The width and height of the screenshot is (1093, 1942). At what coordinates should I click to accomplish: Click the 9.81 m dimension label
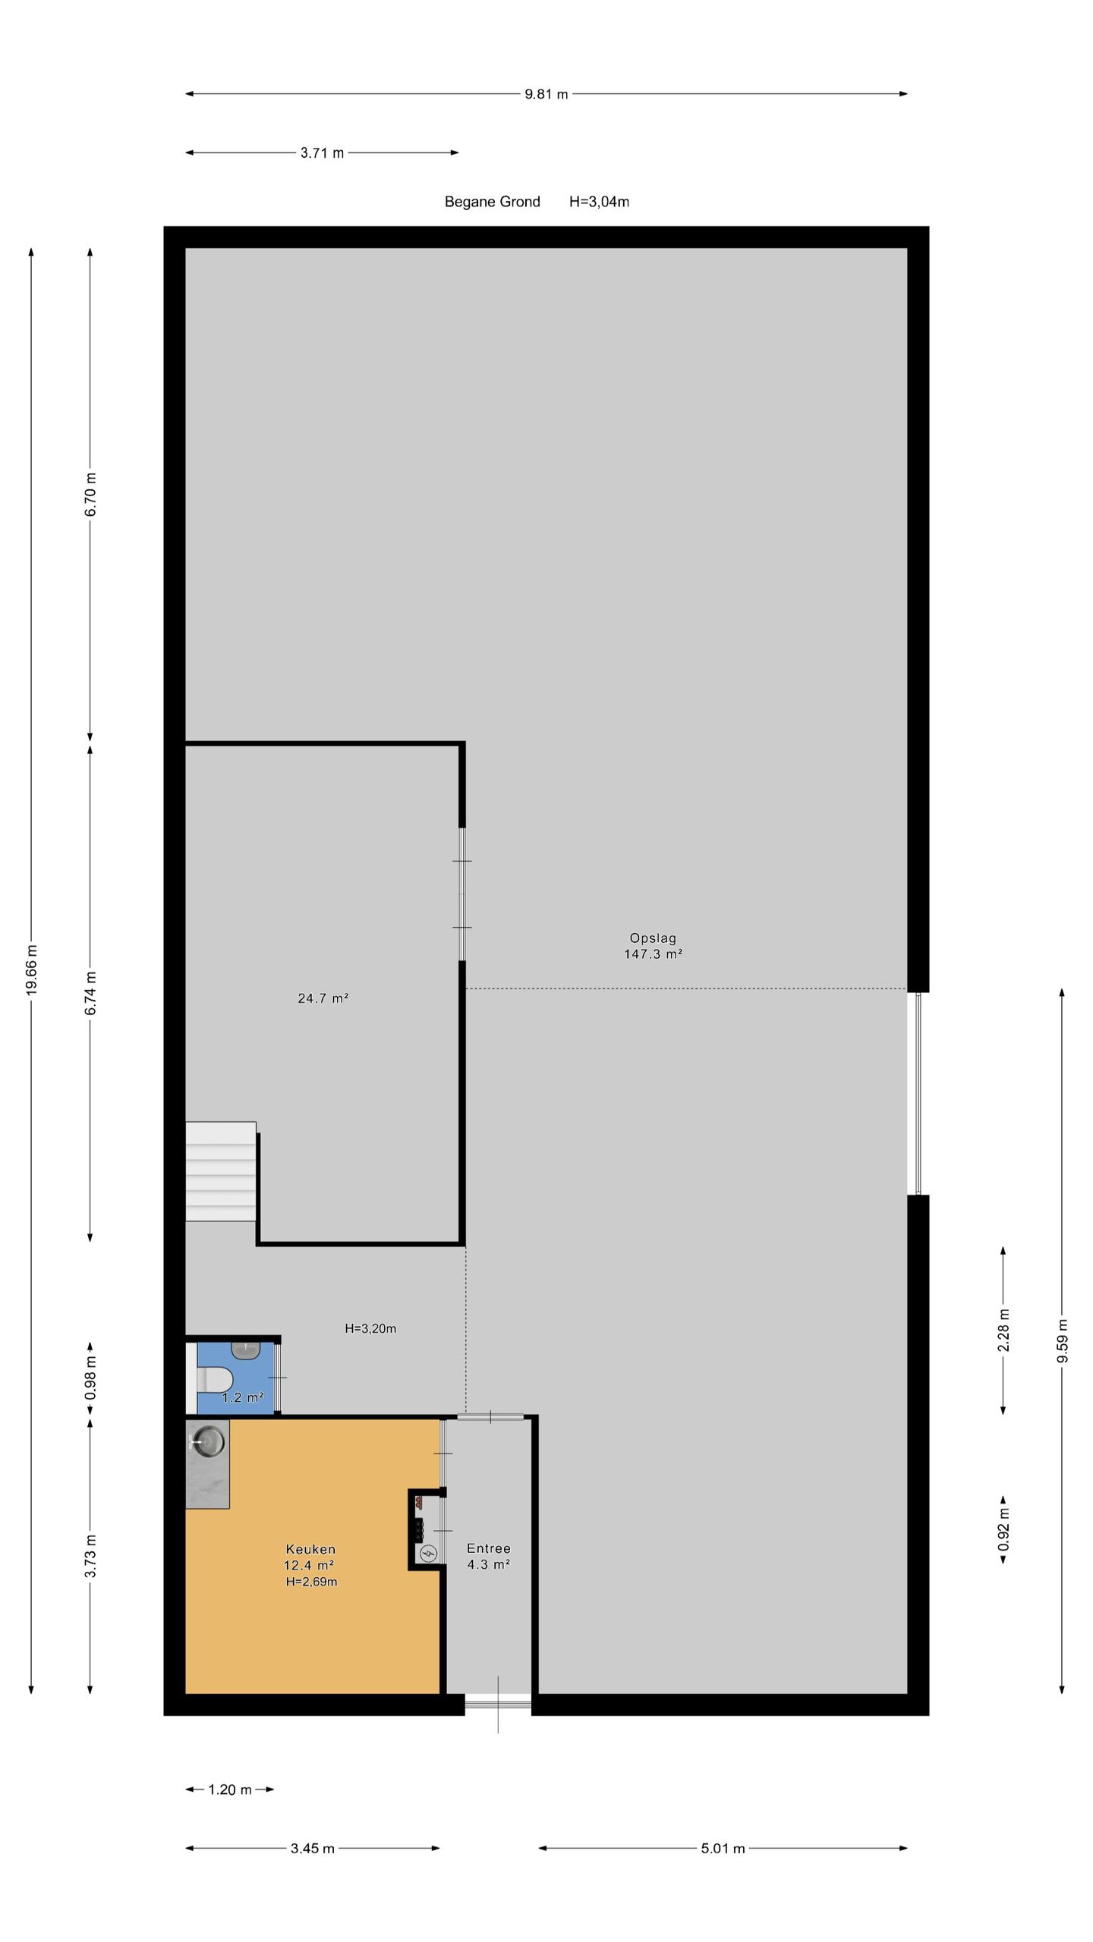point(546,95)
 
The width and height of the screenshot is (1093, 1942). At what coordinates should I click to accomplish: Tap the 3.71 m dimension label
point(322,153)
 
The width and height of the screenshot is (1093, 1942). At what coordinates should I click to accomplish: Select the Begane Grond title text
point(492,202)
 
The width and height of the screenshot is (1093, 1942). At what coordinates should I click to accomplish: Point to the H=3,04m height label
point(599,202)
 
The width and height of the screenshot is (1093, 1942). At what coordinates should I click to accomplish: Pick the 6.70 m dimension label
point(90,494)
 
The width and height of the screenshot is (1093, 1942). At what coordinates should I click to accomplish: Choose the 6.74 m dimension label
point(90,993)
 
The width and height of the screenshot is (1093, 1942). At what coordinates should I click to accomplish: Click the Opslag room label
point(653,938)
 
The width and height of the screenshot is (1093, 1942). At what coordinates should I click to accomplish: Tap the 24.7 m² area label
point(323,998)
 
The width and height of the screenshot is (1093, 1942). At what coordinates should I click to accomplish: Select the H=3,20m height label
point(370,1328)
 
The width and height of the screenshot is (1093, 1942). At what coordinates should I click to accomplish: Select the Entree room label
point(488,1548)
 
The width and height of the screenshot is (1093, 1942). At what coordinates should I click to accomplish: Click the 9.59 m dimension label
point(1062,1340)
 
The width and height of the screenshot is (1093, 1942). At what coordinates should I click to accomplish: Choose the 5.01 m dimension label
point(723,1849)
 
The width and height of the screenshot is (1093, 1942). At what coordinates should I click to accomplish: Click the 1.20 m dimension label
point(229,1790)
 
